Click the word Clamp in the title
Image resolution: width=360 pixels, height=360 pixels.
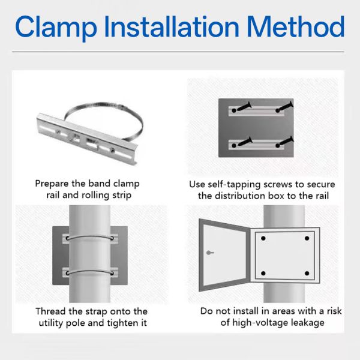click(x=56, y=27)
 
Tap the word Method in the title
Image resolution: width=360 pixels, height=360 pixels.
click(x=296, y=26)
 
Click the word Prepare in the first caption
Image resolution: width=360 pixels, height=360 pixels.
click(x=52, y=184)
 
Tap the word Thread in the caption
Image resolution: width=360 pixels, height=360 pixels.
click(x=50, y=311)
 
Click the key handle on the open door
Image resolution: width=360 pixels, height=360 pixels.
click(x=210, y=253)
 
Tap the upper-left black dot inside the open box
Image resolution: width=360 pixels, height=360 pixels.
click(x=263, y=238)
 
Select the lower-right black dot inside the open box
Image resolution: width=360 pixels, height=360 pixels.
click(x=307, y=273)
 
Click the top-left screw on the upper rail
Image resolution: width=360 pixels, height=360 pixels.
click(x=242, y=107)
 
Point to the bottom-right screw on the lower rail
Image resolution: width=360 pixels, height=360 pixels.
click(x=285, y=142)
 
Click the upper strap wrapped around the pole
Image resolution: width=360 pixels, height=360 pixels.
click(x=90, y=236)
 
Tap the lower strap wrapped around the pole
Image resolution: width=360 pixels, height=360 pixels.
click(x=90, y=271)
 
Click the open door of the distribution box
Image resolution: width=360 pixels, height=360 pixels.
click(x=223, y=255)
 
